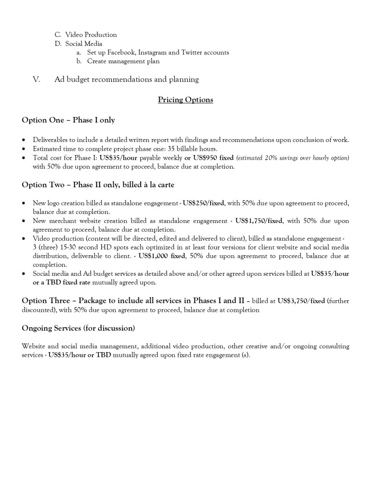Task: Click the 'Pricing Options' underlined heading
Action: click(185, 100)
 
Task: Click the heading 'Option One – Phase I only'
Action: click(68, 120)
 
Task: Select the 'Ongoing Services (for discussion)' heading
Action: click(78, 328)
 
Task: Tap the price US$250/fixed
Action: click(203, 203)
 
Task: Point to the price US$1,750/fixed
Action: click(259, 221)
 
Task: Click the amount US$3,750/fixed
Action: click(301, 301)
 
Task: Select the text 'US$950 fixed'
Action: click(213, 158)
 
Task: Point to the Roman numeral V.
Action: click(37, 80)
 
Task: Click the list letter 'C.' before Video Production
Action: click(58, 35)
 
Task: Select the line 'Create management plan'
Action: click(123, 61)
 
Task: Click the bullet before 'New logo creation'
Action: click(24, 204)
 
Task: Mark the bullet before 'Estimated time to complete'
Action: click(24, 149)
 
